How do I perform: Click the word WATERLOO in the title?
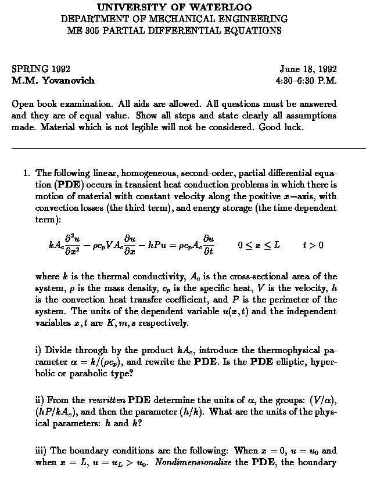224,7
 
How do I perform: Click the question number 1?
26,172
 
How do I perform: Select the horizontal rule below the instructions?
188,149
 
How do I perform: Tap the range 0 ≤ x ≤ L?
259,244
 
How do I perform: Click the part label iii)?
42,450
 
